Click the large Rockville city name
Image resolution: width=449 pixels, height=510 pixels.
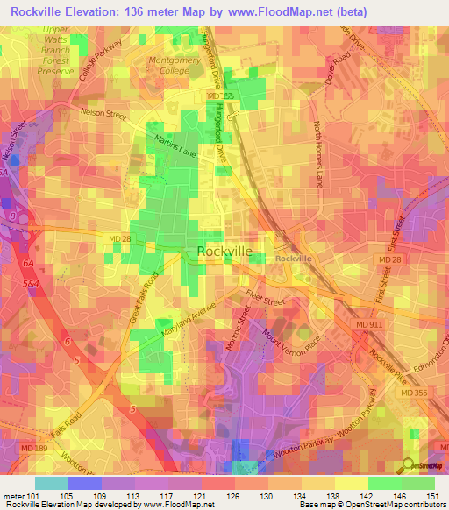[224, 251]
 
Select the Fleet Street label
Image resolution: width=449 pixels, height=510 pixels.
[266, 299]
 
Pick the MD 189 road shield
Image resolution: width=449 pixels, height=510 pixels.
[18, 450]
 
